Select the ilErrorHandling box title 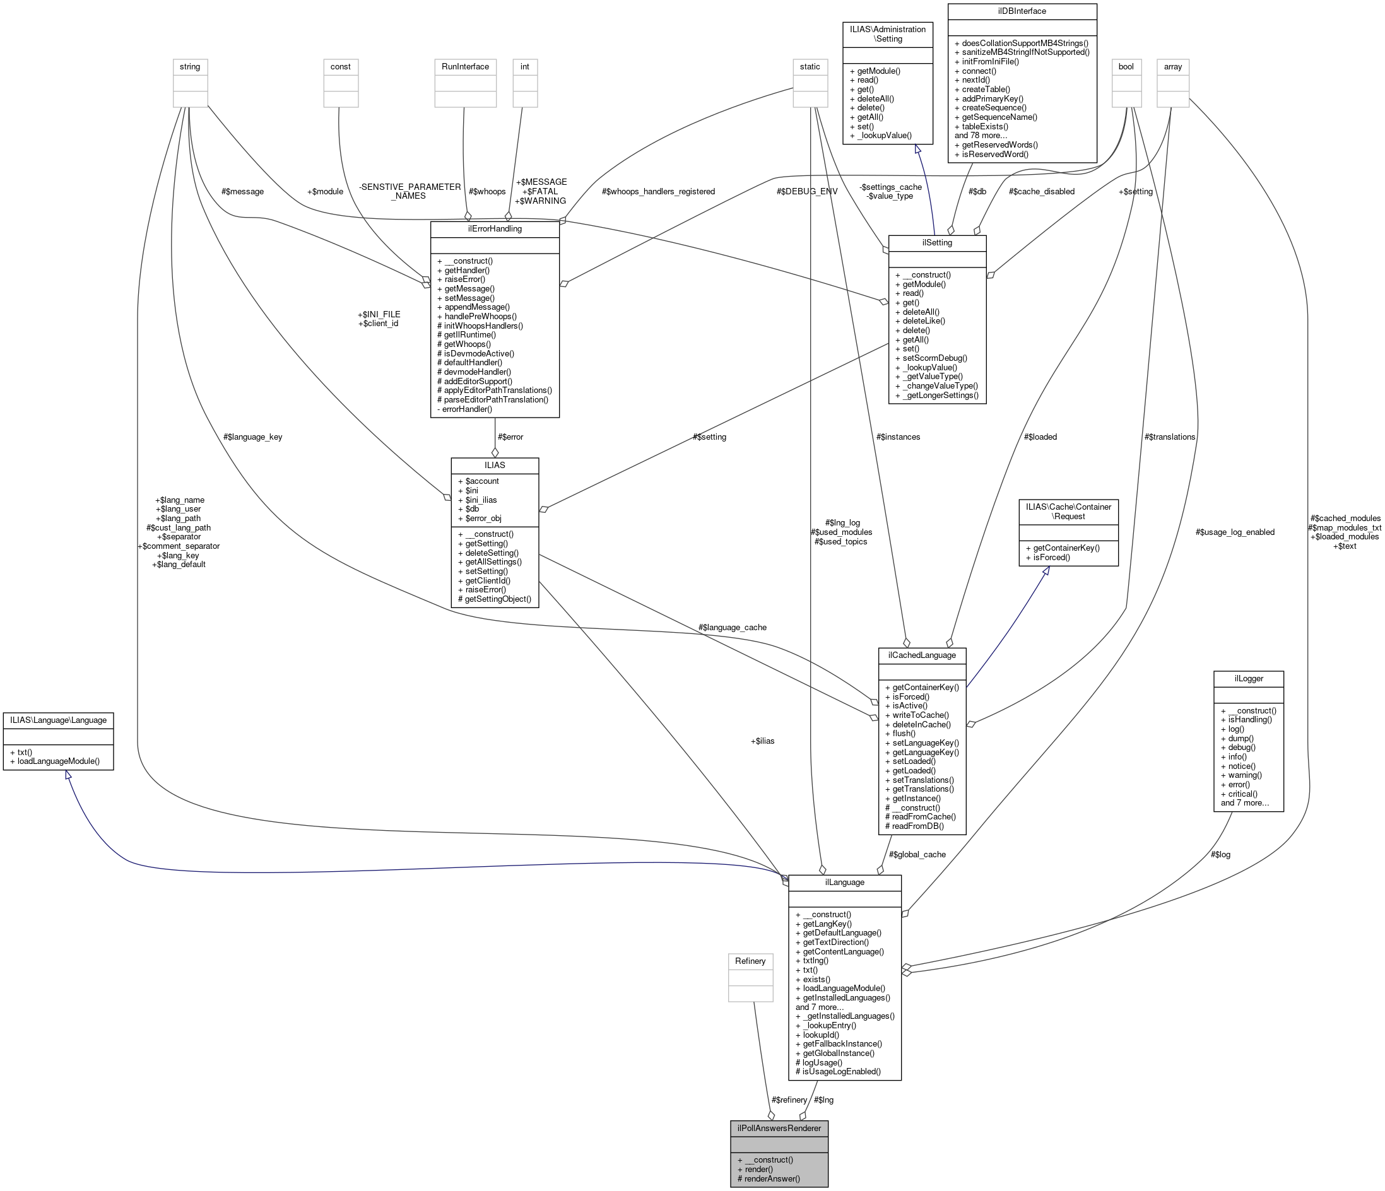pos(495,228)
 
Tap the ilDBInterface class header pos(1022,11)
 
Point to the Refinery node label pos(750,961)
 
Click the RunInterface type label pos(465,67)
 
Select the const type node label pos(340,67)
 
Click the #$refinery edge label pos(789,1100)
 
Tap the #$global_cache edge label pos(917,854)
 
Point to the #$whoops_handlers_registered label pos(657,192)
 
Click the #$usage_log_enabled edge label pos(1235,532)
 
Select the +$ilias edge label pos(762,741)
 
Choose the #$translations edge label pos(1169,437)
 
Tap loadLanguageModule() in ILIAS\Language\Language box pos(58,761)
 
